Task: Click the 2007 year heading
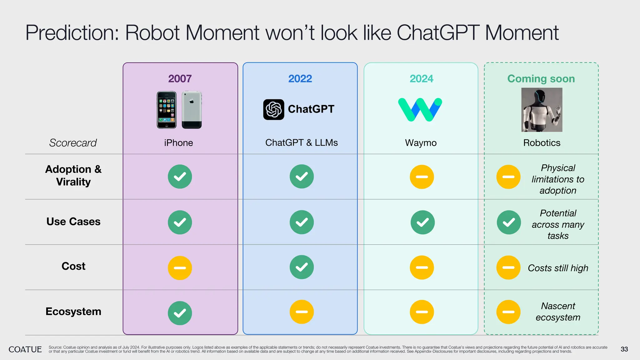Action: pos(180,78)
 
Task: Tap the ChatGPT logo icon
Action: pos(273,110)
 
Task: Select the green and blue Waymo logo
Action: pos(420,110)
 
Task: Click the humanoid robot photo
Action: pos(542,110)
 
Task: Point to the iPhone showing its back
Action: pos(192,110)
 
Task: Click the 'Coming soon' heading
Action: pos(541,78)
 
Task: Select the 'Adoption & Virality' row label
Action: pos(73,175)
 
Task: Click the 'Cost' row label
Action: pos(73,266)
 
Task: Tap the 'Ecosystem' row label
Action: pos(73,312)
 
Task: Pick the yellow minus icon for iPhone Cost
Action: pos(180,268)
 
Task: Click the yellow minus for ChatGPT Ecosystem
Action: pos(302,312)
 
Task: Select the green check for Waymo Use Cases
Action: pos(422,222)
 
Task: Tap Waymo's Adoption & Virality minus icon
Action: pos(422,177)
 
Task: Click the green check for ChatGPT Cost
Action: pos(302,267)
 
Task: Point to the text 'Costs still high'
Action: pos(558,268)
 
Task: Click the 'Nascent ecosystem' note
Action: pos(558,312)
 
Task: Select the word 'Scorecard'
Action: pos(73,143)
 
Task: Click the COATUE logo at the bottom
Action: pos(25,349)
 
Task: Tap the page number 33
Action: pos(624,349)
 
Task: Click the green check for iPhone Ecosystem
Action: pos(180,313)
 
